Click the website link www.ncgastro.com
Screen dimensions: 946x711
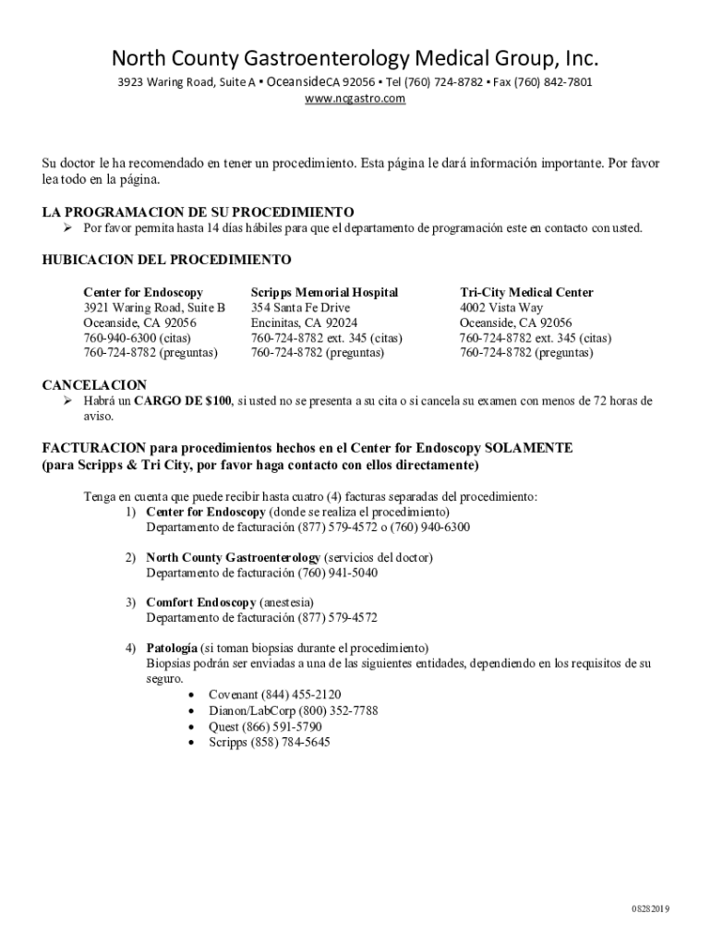pyautogui.click(x=355, y=98)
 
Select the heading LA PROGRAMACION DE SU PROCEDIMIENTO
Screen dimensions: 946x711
pyautogui.click(x=199, y=212)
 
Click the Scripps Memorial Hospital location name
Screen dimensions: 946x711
pyautogui.click(x=324, y=292)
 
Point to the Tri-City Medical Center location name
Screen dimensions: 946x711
pyautogui.click(x=526, y=292)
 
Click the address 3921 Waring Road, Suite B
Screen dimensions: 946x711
pyautogui.click(x=154, y=308)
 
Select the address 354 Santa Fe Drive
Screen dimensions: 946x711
pyautogui.click(x=300, y=308)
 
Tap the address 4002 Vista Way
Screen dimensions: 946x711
pyautogui.click(x=501, y=308)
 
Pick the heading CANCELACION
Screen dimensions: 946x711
pyautogui.click(x=94, y=384)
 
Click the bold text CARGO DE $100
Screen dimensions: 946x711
pyautogui.click(x=183, y=401)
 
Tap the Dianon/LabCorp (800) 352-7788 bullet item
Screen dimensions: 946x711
pyautogui.click(x=293, y=710)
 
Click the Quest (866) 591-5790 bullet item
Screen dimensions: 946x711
pyautogui.click(x=265, y=726)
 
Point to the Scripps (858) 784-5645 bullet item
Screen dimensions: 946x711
pyautogui.click(x=269, y=742)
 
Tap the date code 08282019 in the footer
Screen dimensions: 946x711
pyautogui.click(x=650, y=908)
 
